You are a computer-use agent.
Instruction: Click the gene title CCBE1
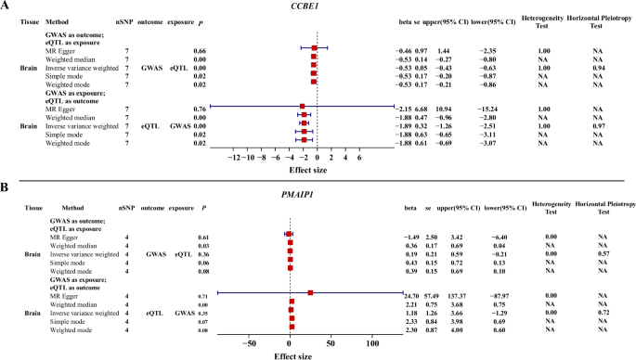click(x=318, y=7)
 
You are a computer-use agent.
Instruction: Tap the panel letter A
click(x=6, y=6)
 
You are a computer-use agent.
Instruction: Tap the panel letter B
click(x=6, y=188)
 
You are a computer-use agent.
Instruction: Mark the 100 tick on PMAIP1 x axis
click(x=373, y=342)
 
